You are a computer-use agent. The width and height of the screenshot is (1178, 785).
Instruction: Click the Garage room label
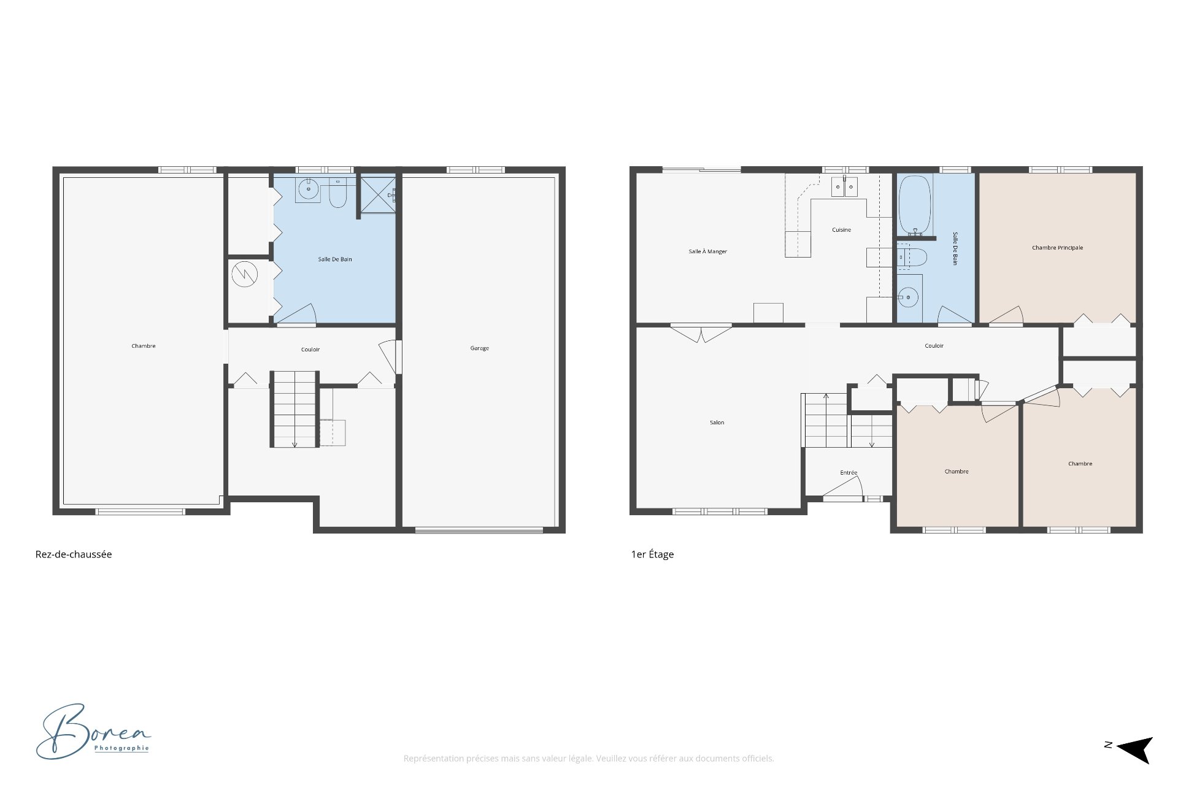480,348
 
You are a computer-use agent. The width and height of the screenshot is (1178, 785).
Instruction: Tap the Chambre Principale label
1058,248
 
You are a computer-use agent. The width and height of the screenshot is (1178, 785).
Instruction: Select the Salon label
717,423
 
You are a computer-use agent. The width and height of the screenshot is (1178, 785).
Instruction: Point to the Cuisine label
842,230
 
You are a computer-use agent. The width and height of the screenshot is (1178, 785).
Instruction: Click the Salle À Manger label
708,251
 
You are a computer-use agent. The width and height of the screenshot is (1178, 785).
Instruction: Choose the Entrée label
849,473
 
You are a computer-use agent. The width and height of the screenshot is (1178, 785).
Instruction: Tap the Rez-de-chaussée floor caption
74,554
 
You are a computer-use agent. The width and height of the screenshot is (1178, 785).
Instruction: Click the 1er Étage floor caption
653,554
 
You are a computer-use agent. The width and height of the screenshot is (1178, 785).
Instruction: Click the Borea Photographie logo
93,732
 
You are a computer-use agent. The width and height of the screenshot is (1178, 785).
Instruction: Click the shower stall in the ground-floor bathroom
378,195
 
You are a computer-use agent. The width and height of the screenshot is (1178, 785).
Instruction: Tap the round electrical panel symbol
244,274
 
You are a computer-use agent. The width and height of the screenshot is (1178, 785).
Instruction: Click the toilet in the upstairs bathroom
912,257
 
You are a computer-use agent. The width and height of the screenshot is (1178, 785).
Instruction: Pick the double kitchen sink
845,186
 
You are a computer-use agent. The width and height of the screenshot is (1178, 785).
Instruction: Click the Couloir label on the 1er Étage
934,346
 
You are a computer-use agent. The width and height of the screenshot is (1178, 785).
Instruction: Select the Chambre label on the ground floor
144,346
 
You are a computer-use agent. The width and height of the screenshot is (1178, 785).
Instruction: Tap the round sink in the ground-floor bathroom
308,190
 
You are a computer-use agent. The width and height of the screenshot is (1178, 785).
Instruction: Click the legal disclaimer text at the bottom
589,759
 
